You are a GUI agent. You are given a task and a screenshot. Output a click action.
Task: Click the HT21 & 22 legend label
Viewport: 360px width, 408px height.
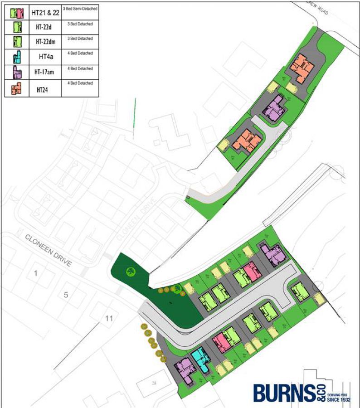45,13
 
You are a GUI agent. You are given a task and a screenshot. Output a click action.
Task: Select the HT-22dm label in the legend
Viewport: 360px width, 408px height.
45,41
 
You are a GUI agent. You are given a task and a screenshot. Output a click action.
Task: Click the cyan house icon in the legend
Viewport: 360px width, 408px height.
17,57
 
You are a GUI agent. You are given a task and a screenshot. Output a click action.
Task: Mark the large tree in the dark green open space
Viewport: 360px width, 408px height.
131,272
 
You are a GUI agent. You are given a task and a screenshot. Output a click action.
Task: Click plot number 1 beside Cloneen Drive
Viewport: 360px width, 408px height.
35,273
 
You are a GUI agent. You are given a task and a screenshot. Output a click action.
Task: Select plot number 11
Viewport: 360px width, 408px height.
108,318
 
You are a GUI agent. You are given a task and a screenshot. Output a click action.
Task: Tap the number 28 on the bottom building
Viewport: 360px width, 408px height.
154,384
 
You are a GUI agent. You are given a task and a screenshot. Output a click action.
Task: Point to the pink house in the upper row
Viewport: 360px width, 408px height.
251,272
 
